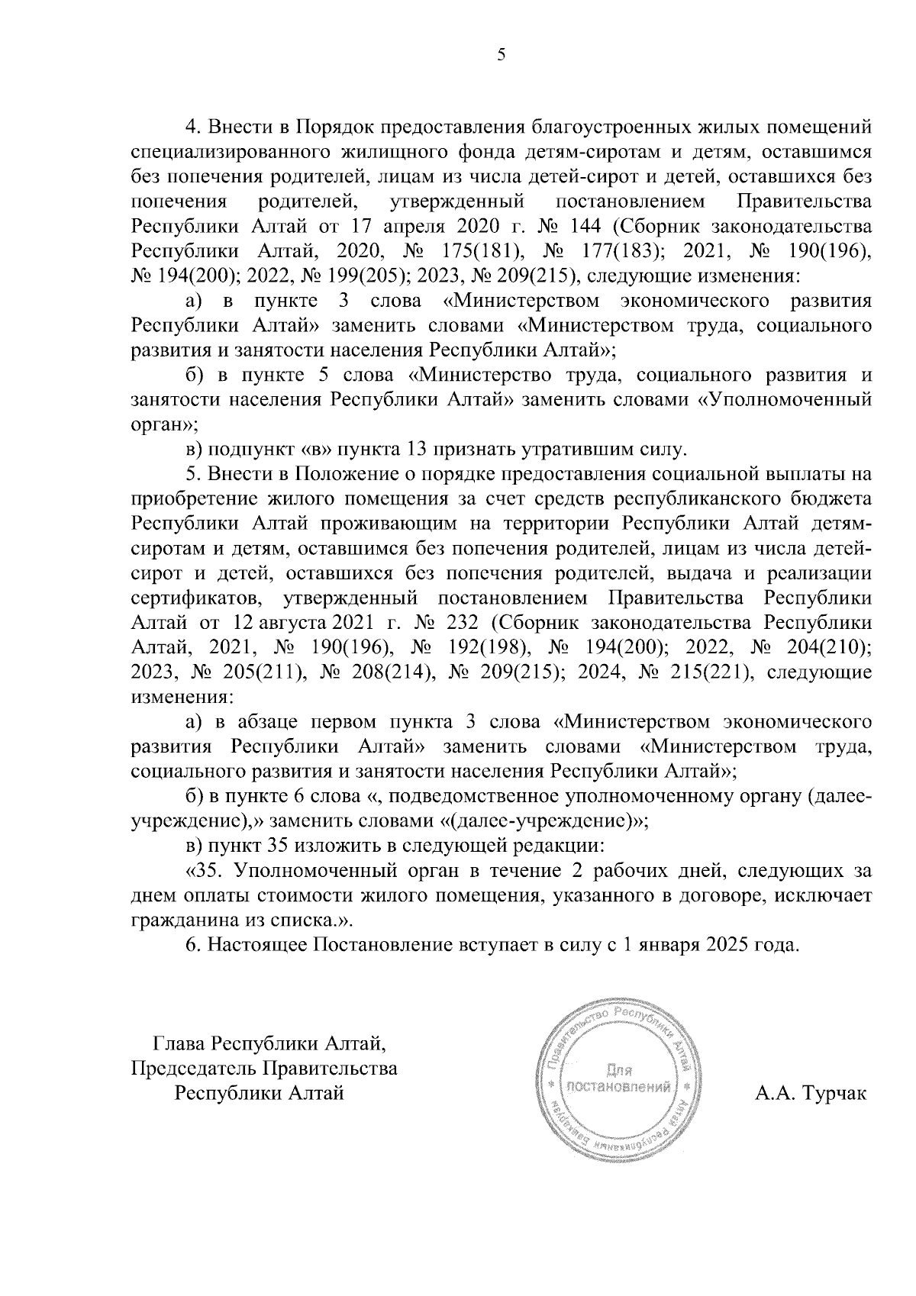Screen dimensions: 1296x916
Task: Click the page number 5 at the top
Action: (x=501, y=54)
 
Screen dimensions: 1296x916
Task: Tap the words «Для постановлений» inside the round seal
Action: (x=620, y=1078)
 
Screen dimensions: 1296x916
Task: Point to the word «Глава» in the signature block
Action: (x=180, y=1043)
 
